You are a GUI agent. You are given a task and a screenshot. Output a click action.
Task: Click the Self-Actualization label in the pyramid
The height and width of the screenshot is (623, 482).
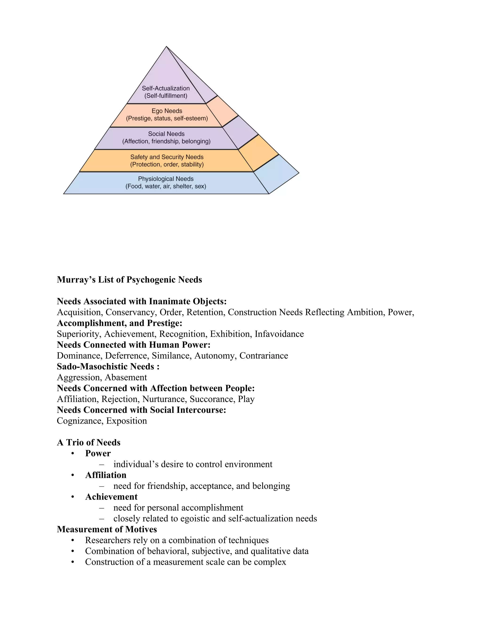(x=166, y=88)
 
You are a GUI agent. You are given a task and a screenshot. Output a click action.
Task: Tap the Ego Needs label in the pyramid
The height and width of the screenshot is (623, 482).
(x=167, y=111)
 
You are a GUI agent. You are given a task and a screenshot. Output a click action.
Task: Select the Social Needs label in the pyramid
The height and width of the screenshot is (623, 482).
(x=166, y=134)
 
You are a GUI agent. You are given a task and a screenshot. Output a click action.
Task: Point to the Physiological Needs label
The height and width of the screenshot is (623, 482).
(x=166, y=179)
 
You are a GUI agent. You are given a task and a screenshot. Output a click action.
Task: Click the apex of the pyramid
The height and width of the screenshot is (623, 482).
(x=166, y=47)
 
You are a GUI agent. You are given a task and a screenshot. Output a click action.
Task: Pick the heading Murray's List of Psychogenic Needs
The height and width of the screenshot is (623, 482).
(x=129, y=280)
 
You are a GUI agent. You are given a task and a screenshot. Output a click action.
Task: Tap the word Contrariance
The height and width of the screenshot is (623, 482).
(x=264, y=355)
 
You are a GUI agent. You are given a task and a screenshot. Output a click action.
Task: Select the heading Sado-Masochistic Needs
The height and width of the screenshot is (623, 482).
(x=108, y=366)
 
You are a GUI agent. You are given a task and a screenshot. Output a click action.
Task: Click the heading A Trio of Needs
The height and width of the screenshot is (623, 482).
(x=88, y=442)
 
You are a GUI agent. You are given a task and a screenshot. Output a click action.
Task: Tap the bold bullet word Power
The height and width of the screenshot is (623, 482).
(x=98, y=453)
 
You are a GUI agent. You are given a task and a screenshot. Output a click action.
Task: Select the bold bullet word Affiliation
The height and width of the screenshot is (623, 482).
(x=106, y=475)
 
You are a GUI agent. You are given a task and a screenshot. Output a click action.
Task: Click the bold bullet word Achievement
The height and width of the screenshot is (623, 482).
(x=111, y=497)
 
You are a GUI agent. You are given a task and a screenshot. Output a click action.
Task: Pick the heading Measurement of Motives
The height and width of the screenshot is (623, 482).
(x=107, y=529)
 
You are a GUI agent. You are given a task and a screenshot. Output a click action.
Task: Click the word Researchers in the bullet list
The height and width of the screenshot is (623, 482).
(x=108, y=540)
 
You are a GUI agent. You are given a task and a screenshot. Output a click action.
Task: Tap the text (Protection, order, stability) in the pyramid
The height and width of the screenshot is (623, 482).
(x=167, y=164)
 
